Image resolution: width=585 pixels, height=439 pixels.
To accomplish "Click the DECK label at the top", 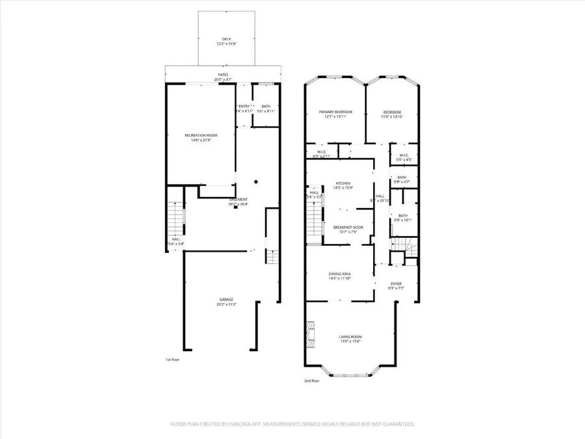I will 226,40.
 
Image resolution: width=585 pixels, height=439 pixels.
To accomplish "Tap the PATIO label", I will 222,75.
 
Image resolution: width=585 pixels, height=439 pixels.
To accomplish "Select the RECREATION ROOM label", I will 201,135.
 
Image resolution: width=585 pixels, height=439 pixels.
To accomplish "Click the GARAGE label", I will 226,300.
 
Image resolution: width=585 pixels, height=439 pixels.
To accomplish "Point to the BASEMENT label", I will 238,200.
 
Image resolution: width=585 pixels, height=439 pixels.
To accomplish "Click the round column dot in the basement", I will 256,182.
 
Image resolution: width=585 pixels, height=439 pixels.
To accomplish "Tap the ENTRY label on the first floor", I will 244,106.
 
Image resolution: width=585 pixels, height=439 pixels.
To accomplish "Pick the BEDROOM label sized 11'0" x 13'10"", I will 391,112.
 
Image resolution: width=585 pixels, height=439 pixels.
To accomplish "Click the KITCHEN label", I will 343,184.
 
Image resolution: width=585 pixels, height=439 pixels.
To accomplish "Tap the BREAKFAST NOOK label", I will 348,227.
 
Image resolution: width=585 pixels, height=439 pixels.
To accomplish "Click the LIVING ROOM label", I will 350,337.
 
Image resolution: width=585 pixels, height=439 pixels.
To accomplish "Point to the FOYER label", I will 396,284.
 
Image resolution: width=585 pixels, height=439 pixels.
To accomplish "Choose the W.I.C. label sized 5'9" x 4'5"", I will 403,155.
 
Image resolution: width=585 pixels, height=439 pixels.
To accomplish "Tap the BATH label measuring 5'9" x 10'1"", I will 403,216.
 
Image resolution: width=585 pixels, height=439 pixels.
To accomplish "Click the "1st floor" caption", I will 172,359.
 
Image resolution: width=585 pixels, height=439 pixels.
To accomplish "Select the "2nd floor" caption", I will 311,380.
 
